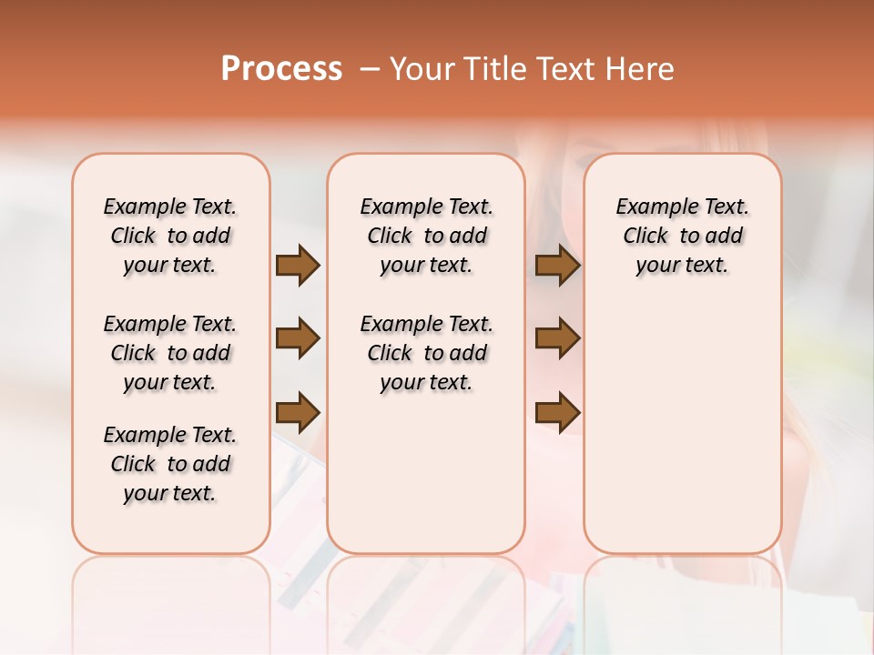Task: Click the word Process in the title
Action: coord(281,68)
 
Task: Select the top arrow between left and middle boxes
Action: coord(298,265)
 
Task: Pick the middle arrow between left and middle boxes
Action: coord(298,339)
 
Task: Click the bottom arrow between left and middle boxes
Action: coord(298,412)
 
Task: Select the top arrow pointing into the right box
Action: coord(557,265)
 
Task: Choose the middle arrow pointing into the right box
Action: coord(557,339)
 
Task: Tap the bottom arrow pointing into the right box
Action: coord(557,412)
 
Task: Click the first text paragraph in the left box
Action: coord(170,236)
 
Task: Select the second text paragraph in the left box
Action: coord(170,353)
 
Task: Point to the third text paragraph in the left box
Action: coord(170,464)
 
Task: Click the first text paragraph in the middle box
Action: coord(427,236)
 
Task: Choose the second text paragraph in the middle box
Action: coord(427,353)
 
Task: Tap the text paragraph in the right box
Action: coord(683,236)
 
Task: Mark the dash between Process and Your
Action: coord(370,68)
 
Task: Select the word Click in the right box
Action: coord(645,237)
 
